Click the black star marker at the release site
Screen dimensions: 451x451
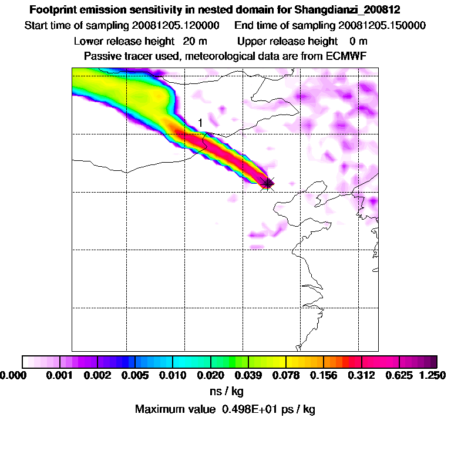tap(268, 184)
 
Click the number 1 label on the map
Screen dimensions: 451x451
tap(200, 123)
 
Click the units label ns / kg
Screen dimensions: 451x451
tap(225, 391)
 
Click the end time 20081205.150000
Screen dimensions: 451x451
tap(382, 26)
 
